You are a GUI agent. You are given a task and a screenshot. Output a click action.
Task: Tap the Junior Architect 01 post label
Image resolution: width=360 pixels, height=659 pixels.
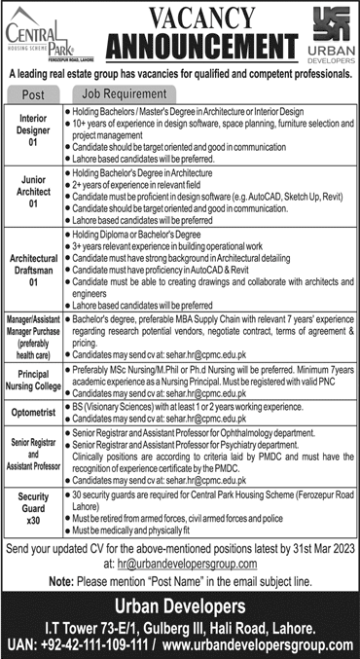32,191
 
